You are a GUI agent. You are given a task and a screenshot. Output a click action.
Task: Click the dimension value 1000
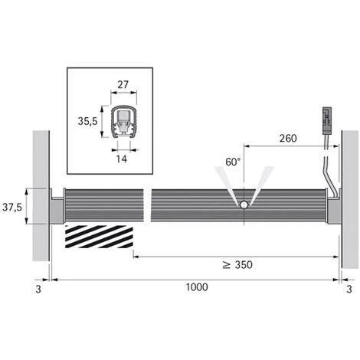197,287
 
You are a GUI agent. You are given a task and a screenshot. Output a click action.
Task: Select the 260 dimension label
288,139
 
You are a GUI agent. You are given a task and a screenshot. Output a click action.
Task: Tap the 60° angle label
233,162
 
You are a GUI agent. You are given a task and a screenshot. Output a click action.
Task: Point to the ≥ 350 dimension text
237,265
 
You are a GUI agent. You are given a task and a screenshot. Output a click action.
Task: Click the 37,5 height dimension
12,208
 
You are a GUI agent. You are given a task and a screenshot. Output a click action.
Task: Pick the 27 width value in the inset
123,84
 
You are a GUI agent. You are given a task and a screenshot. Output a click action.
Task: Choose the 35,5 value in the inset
87,121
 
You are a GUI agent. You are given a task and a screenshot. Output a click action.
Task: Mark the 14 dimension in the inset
122,159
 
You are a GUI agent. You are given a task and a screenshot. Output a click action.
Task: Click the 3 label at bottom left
38,290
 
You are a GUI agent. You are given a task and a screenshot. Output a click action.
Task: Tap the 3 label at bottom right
349,290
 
